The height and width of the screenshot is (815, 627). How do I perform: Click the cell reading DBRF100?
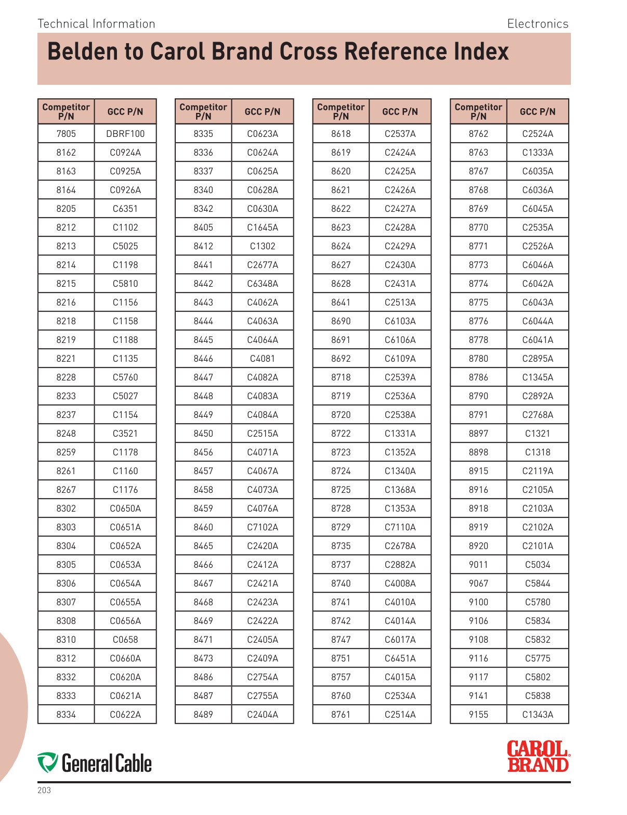[125, 134]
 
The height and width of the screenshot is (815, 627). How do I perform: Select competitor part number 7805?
[66, 134]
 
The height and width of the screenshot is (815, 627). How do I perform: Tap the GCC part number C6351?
[125, 209]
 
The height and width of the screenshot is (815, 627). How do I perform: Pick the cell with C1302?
[263, 246]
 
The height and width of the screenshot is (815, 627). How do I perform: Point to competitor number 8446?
[203, 359]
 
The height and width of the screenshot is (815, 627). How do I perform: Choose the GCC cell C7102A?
[263, 527]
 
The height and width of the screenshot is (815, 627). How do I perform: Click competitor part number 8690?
[341, 321]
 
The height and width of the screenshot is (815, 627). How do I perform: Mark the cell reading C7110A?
[400, 527]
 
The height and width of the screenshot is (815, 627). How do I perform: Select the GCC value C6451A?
[400, 658]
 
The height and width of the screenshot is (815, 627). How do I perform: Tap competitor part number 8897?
[478, 434]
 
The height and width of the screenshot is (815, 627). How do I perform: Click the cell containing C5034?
[538, 565]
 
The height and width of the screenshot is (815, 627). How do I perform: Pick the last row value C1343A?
[538, 715]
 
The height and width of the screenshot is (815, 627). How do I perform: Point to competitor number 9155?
[478, 715]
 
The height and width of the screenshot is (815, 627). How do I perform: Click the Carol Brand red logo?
[538, 756]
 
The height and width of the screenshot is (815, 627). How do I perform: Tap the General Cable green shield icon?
[48, 762]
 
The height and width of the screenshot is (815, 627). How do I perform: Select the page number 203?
[44, 791]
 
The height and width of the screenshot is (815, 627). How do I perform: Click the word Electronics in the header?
[538, 24]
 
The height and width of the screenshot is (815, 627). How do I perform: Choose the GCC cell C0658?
[125, 640]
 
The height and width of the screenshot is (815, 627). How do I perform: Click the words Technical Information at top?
[97, 24]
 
